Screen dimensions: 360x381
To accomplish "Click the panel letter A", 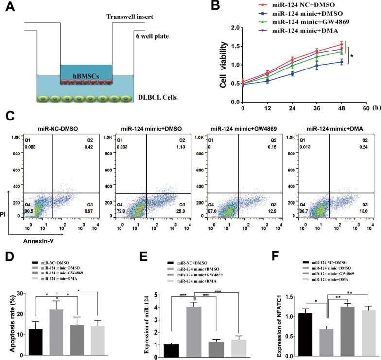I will point(10,8).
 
